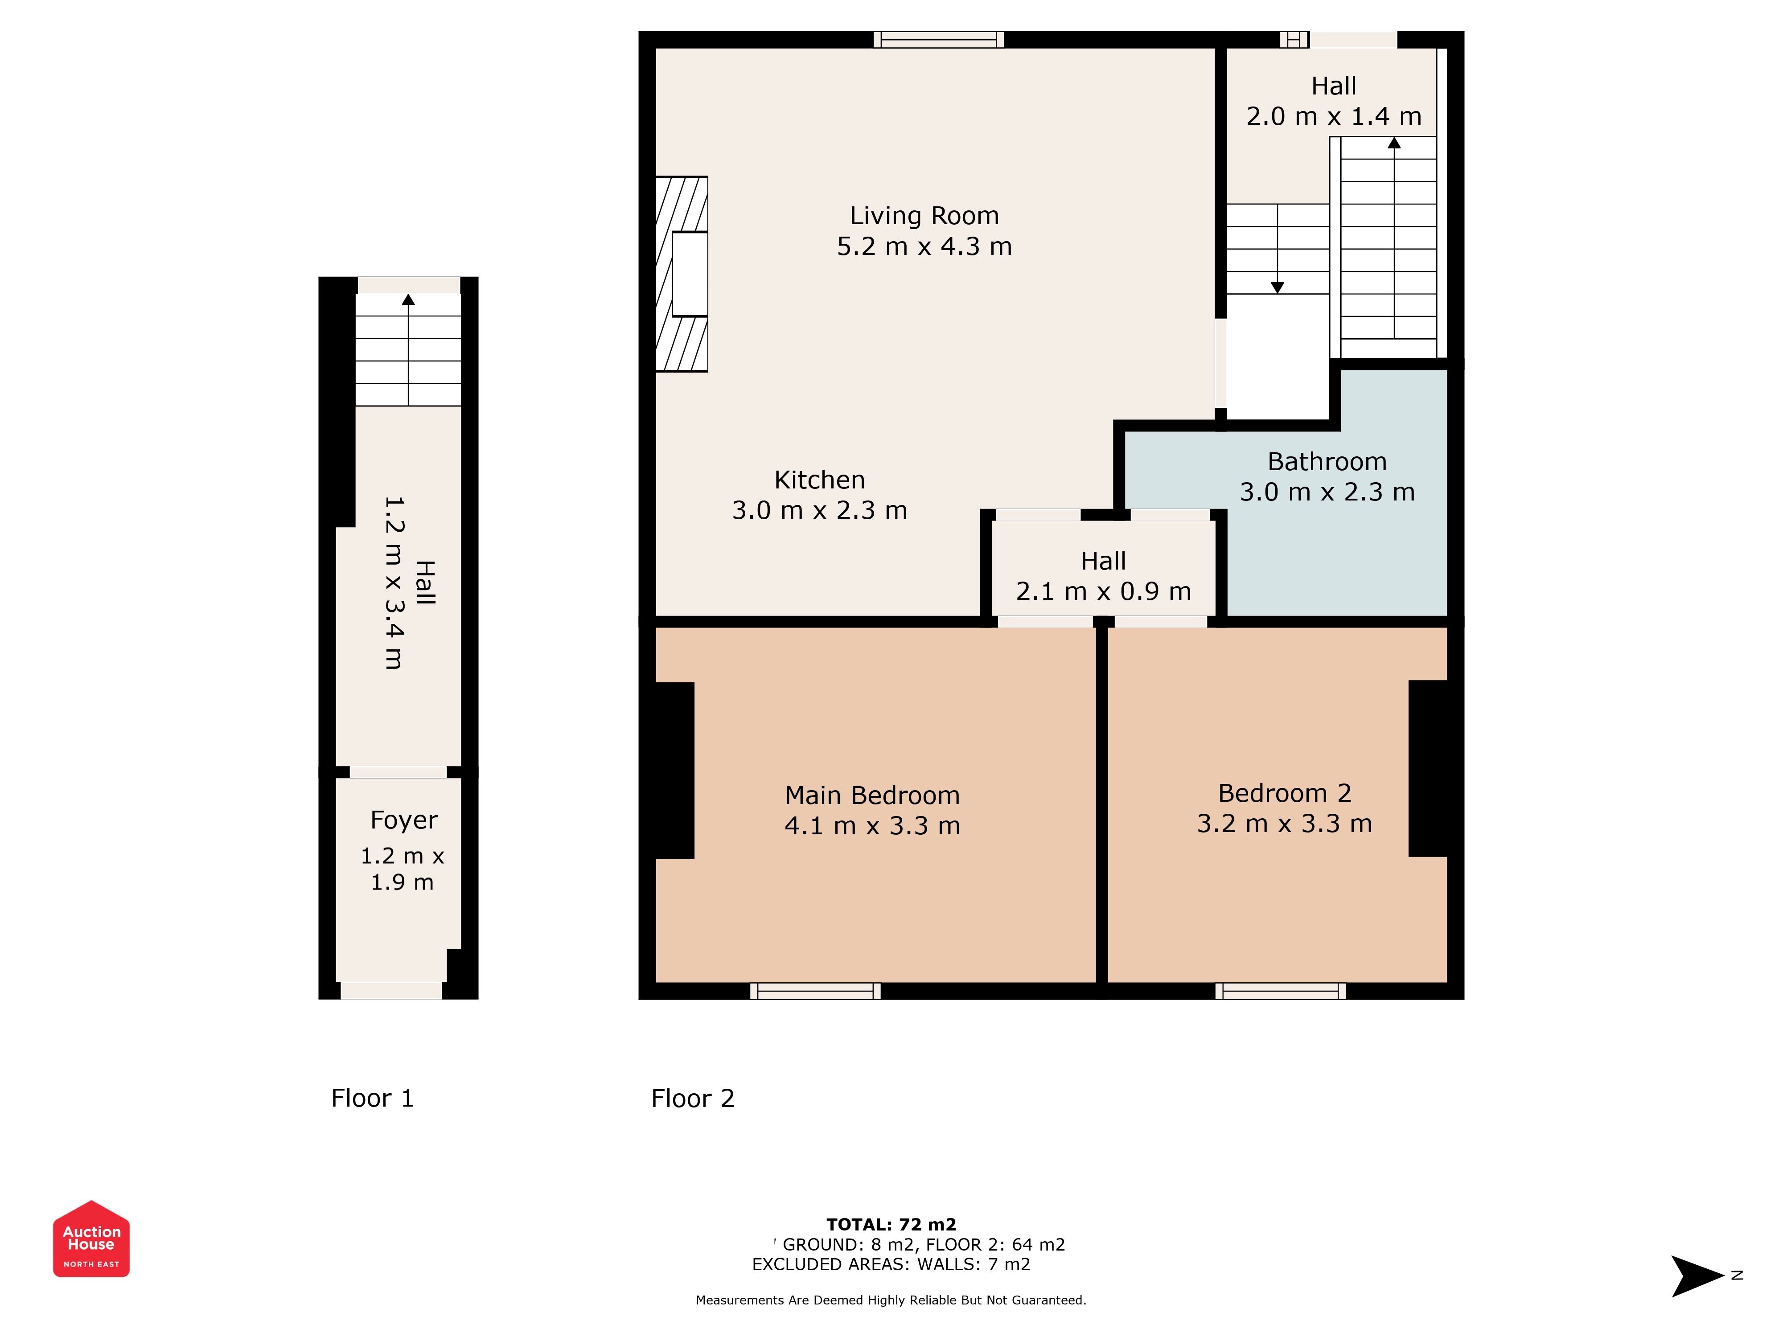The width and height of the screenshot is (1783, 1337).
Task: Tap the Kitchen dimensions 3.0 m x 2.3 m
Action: click(x=820, y=510)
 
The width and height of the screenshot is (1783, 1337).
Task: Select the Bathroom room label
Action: click(x=1327, y=462)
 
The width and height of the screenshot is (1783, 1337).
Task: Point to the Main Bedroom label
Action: click(x=872, y=796)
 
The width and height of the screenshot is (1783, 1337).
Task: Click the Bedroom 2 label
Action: click(x=1284, y=793)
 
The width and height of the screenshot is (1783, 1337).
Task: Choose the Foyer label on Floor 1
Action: click(x=404, y=820)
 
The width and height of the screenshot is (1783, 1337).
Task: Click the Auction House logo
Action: click(x=91, y=1239)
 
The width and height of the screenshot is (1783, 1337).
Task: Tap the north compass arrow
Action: click(x=1697, y=1276)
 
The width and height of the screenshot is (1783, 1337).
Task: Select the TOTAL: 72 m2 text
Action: click(x=891, y=1225)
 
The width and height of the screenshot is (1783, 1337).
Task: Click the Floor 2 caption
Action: click(x=692, y=1099)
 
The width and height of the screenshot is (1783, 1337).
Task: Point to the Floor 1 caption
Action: click(x=372, y=1099)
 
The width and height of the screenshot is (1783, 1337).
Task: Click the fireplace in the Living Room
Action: click(x=682, y=274)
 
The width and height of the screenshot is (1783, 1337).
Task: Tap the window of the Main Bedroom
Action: click(x=816, y=991)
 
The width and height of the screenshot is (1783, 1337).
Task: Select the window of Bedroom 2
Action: click(x=1281, y=991)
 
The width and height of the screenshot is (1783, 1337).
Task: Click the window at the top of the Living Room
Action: click(x=939, y=40)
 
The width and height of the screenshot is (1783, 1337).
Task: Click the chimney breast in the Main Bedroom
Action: click(x=675, y=771)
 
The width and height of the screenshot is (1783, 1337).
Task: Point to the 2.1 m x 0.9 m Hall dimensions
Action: click(x=1104, y=591)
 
